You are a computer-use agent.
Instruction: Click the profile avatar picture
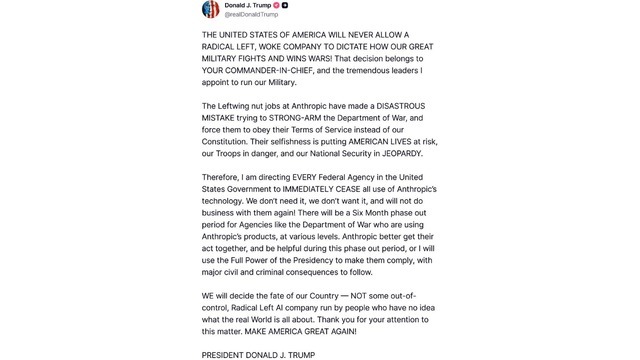click(211, 9)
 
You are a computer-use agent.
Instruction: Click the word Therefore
click(227, 192)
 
